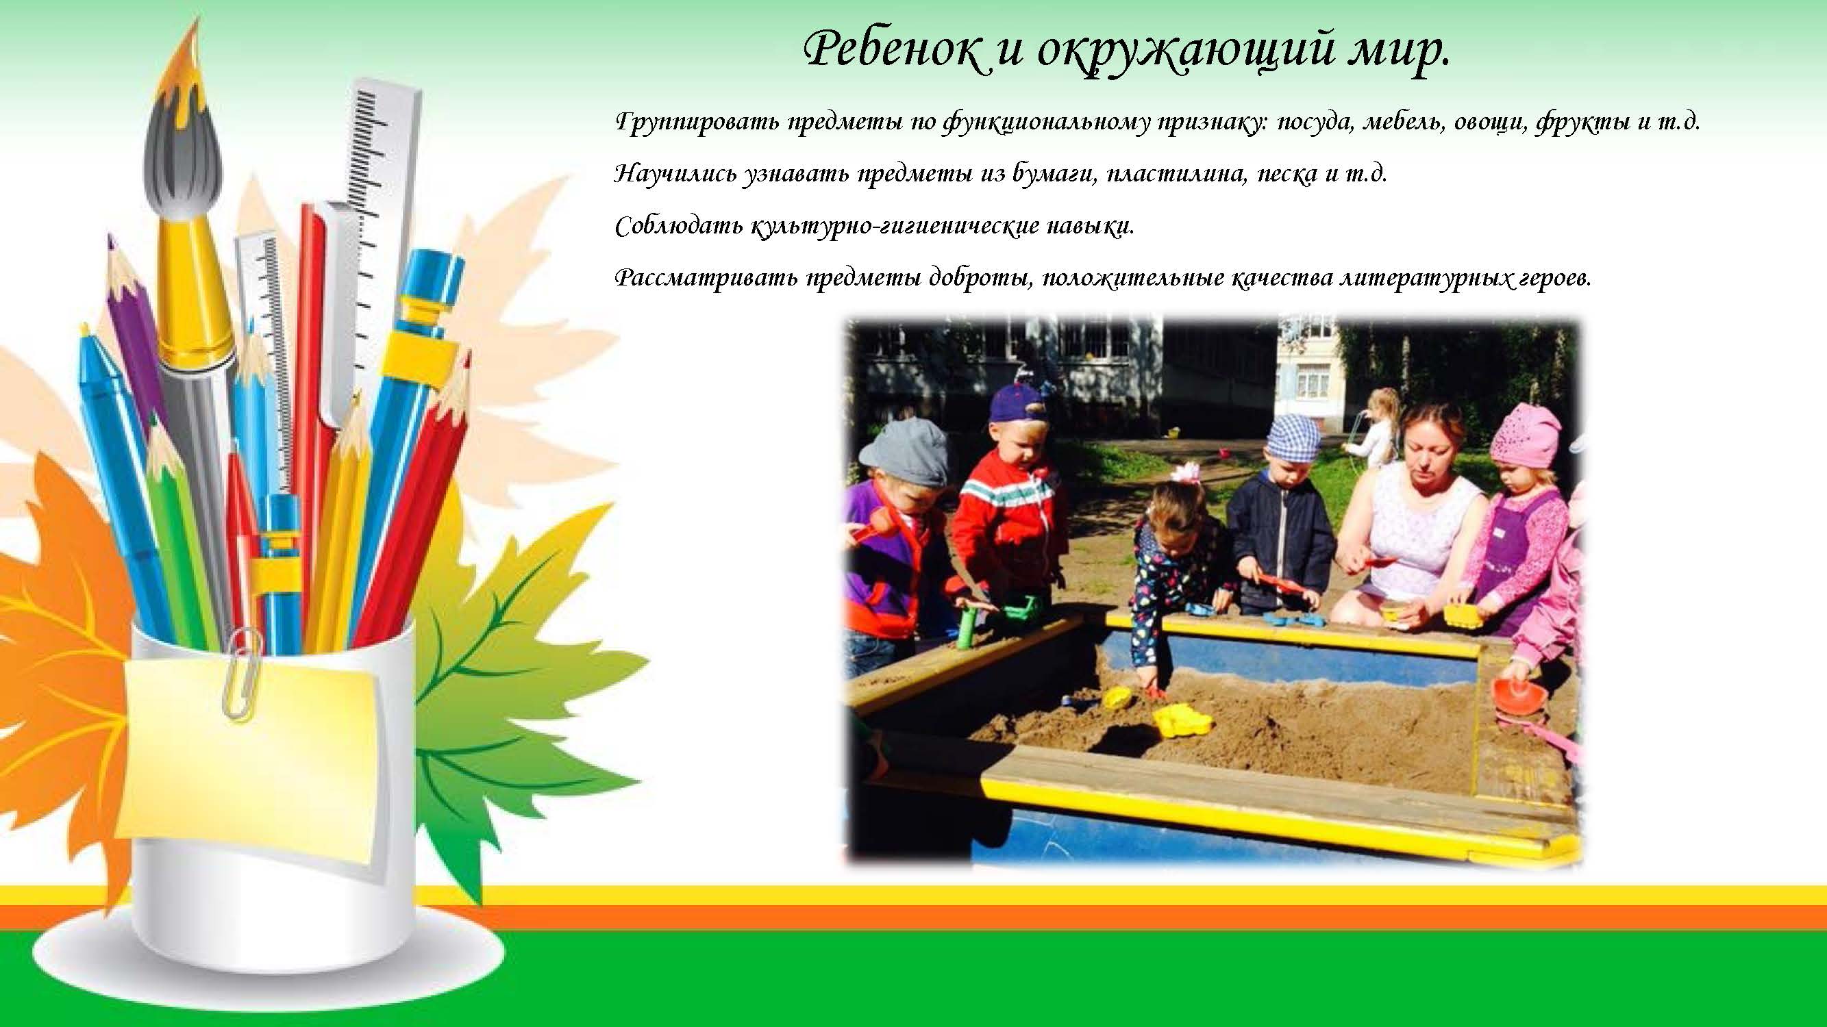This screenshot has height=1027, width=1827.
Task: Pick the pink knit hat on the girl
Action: (1524, 437)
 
